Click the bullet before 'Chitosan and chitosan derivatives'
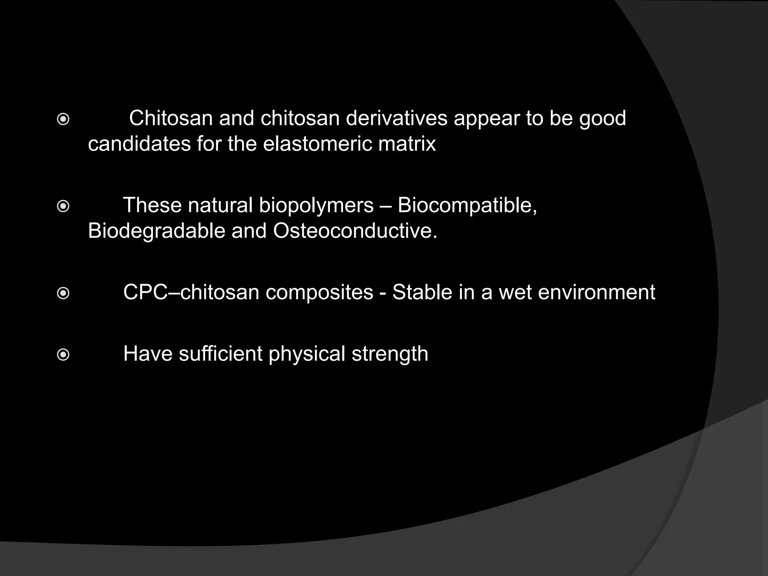(x=63, y=120)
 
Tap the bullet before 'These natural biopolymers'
(x=63, y=207)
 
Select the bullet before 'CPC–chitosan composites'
(x=63, y=293)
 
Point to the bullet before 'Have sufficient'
(x=63, y=355)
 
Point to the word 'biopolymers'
(x=316, y=206)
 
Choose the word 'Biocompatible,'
(x=467, y=206)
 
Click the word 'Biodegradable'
(x=156, y=231)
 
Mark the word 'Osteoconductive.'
(x=355, y=231)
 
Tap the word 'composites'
(x=319, y=292)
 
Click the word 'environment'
(x=597, y=292)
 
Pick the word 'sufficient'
(x=220, y=354)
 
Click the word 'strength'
(x=390, y=354)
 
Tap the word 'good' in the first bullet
(x=603, y=119)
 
